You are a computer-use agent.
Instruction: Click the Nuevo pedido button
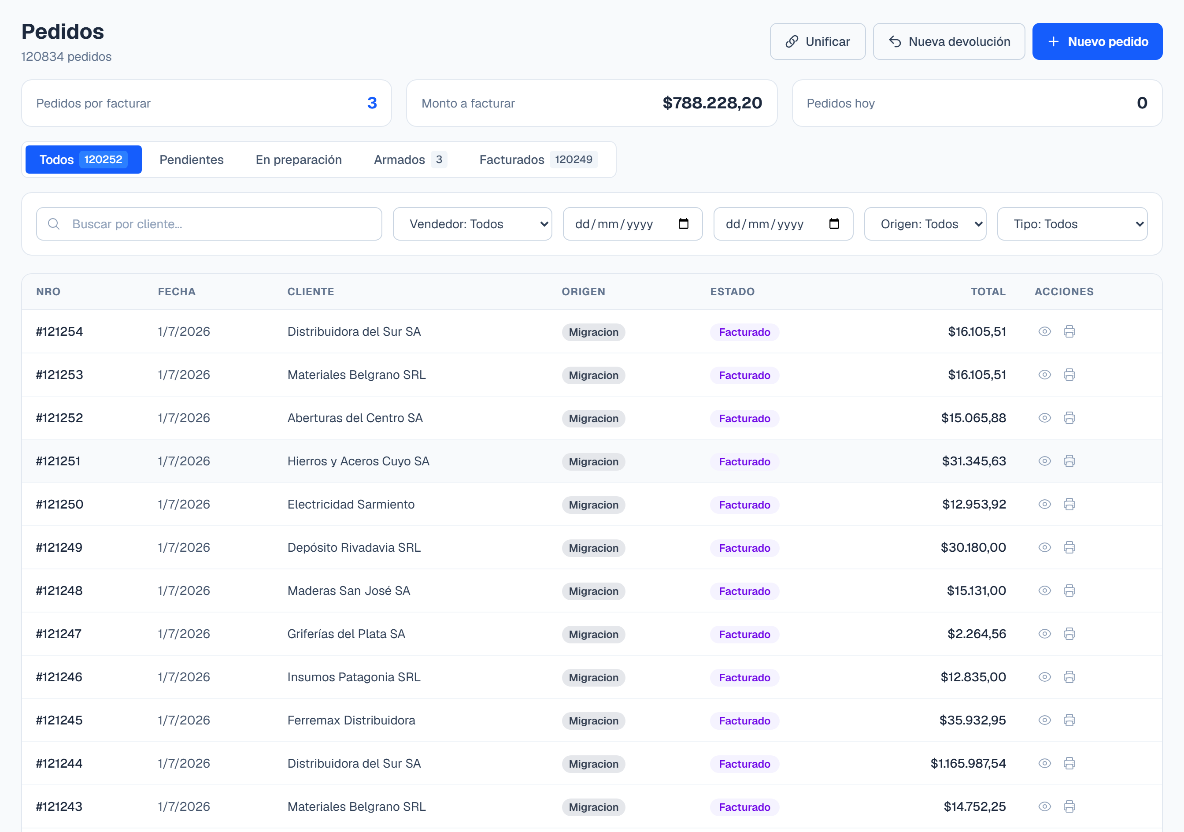point(1097,41)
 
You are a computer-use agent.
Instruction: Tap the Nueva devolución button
point(948,41)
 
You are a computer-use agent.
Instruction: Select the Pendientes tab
point(191,160)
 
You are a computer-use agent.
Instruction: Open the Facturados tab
point(538,160)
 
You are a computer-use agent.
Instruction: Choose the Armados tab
point(410,160)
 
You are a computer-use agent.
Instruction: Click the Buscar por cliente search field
point(209,224)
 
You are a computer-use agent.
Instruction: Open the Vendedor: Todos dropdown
point(472,224)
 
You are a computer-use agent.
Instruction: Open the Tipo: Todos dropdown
point(1072,224)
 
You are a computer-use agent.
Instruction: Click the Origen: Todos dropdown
point(925,224)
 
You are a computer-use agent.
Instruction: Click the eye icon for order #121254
point(1044,332)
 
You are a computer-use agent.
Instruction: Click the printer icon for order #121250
point(1069,505)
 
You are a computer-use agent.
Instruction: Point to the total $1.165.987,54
point(968,763)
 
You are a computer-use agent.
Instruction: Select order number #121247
point(59,634)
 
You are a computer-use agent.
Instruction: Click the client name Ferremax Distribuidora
point(351,720)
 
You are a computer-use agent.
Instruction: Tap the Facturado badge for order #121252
point(744,418)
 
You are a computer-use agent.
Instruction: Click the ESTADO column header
point(732,291)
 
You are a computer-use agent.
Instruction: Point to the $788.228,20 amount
point(712,103)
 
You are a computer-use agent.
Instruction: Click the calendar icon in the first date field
point(683,224)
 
